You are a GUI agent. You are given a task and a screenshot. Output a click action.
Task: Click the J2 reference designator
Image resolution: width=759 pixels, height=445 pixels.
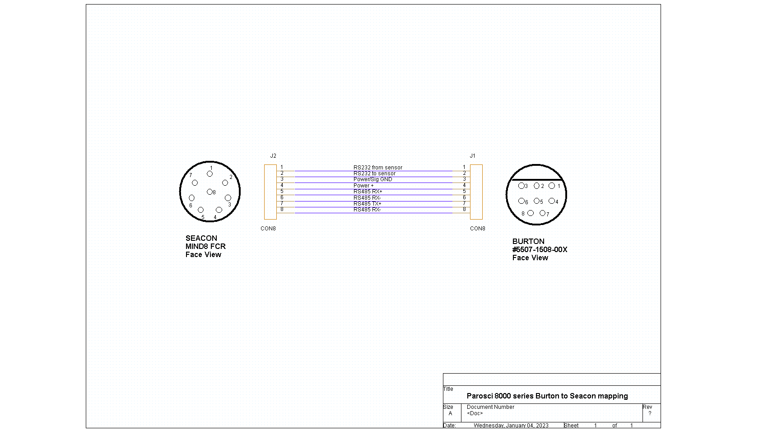(x=273, y=156)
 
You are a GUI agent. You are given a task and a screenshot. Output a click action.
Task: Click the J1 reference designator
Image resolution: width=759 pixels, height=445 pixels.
(x=472, y=156)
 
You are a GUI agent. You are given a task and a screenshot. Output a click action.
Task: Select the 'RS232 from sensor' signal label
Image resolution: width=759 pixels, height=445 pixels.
(x=378, y=168)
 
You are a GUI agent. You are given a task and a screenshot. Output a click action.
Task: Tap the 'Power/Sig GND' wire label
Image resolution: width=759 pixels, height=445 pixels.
(x=373, y=179)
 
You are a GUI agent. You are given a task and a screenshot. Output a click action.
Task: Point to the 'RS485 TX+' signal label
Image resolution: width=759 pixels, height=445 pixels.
(x=367, y=204)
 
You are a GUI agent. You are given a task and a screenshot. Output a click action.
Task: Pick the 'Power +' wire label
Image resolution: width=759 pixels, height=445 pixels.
(x=363, y=185)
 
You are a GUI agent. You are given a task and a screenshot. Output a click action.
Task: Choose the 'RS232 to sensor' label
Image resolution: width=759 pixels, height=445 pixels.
(x=374, y=173)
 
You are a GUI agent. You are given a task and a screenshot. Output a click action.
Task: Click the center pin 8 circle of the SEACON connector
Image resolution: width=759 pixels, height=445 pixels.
(x=210, y=192)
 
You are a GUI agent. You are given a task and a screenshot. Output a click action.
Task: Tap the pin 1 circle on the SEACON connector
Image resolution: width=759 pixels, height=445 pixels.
(x=210, y=174)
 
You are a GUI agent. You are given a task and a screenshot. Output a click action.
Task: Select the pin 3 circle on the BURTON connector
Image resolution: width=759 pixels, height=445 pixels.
(x=521, y=186)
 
